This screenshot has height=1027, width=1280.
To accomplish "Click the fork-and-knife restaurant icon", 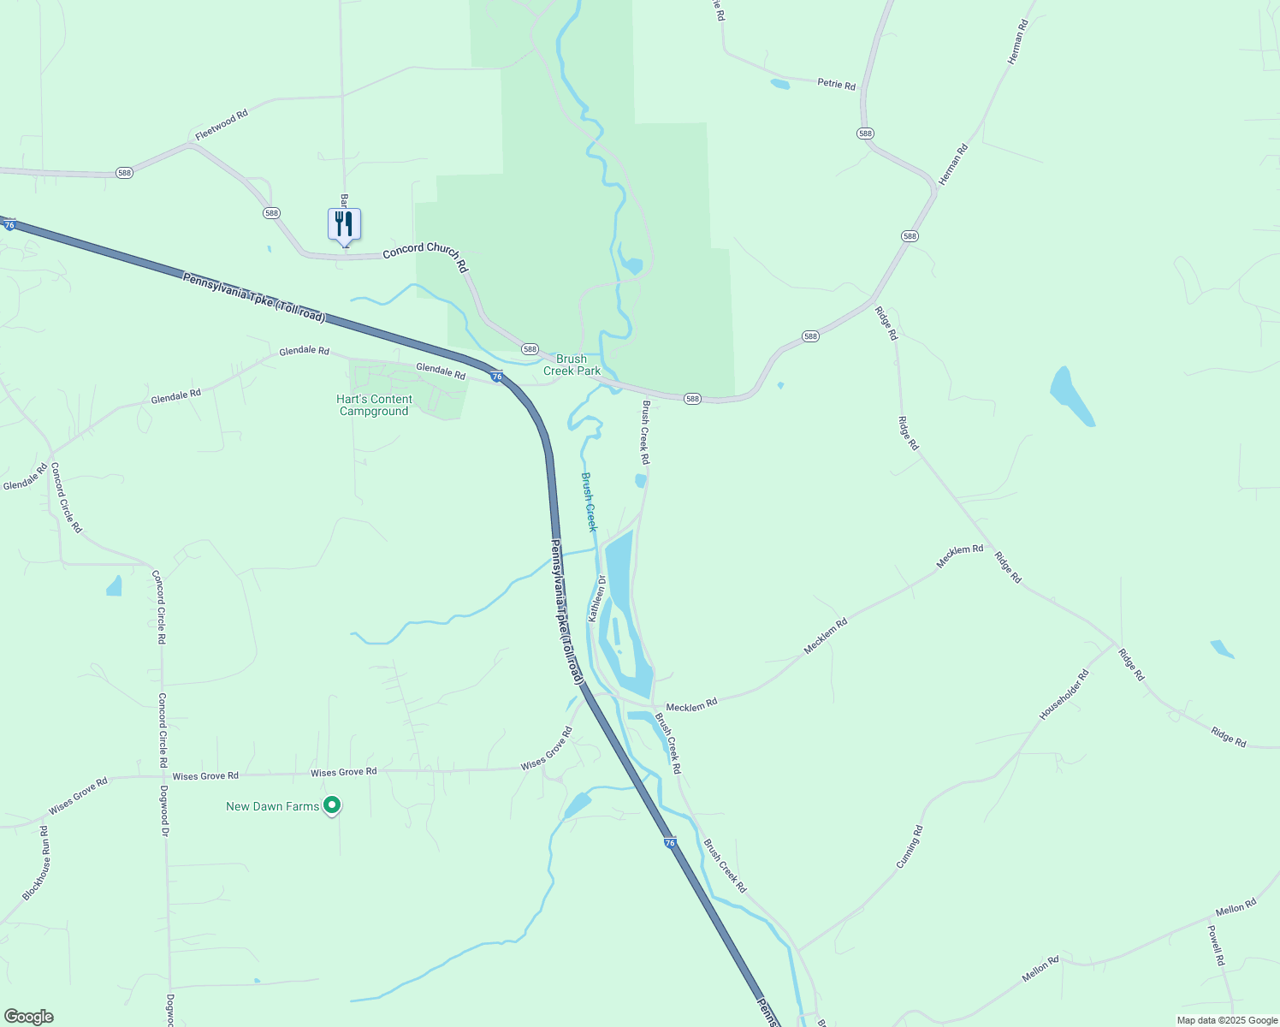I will [x=344, y=224].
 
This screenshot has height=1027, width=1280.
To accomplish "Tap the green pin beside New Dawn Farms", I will [x=333, y=805].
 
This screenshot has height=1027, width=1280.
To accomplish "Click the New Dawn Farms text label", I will [x=272, y=806].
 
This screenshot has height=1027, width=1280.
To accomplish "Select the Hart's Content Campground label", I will [x=374, y=406].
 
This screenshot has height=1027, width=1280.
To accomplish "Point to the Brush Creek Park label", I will [x=572, y=365].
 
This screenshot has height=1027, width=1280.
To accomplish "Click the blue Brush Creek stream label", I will [x=589, y=502].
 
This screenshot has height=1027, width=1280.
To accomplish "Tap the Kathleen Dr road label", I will [x=596, y=598].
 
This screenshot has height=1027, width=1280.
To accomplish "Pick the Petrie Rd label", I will [x=836, y=84].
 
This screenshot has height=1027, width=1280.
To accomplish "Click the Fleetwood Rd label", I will [x=221, y=124].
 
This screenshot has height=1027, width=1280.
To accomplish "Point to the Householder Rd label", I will [x=1064, y=694].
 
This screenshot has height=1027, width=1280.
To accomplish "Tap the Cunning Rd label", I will [x=910, y=847].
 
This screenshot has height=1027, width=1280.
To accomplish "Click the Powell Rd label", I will [x=1216, y=945].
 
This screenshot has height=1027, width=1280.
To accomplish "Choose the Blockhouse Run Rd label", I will [x=35, y=864].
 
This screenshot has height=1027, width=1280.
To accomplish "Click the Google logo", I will [x=28, y=1017].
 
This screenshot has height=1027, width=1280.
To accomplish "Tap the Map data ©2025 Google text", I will [x=1227, y=1020].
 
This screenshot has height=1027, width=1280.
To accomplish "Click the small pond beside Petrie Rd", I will [x=779, y=84].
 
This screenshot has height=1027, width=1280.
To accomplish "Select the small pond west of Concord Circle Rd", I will [x=114, y=585].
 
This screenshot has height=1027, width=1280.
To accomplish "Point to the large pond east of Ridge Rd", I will [x=1070, y=395].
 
